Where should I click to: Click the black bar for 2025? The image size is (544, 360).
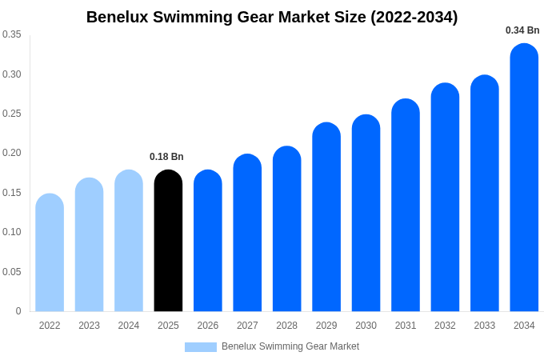tap(168, 241)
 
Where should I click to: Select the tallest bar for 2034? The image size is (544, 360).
tap(524, 178)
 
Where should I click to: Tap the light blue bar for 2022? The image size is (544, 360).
tap(50, 253)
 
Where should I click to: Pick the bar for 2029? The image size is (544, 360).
tap(326, 217)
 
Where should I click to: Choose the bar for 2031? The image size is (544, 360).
tap(406, 206)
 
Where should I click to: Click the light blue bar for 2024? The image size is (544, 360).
tap(129, 241)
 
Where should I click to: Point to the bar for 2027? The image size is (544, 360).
tap(247, 233)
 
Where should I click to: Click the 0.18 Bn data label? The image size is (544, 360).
tap(166, 157)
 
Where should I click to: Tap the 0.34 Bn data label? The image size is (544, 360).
tap(522, 30)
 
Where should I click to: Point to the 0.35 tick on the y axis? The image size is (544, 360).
tap(12, 34)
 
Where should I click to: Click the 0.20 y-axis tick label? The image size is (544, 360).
tap(12, 153)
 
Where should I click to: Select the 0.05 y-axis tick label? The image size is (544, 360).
tap(12, 272)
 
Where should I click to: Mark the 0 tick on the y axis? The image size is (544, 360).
tap(18, 311)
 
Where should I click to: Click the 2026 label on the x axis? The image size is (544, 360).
tap(208, 326)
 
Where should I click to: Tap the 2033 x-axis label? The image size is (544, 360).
tap(485, 326)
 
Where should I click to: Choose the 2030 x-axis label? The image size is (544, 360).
tap(366, 326)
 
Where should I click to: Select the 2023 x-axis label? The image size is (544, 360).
tap(89, 326)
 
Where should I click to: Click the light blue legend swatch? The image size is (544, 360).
tap(201, 347)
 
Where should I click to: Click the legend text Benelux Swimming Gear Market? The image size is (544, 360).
tap(290, 346)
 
